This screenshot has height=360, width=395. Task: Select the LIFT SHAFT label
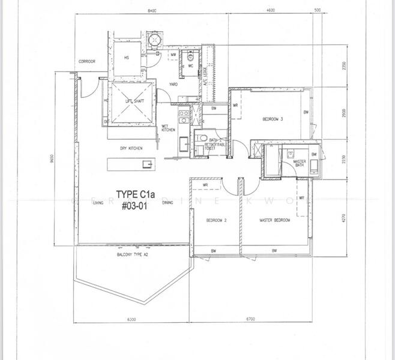click(x=133, y=101)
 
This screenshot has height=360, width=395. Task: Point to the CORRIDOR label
click(x=87, y=62)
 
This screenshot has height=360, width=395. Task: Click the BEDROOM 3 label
click(x=273, y=119)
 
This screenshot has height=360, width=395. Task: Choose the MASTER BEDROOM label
click(x=274, y=220)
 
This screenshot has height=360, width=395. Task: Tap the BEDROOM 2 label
click(x=216, y=220)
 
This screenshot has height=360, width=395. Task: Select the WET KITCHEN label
click(x=168, y=128)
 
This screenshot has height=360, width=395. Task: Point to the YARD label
click(x=173, y=85)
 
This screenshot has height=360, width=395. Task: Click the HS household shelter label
click(x=127, y=58)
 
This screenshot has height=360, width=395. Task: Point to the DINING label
click(x=167, y=203)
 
